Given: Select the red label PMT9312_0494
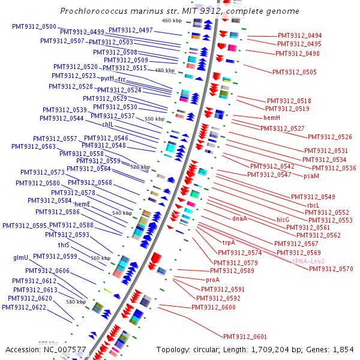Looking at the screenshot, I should point(299,36).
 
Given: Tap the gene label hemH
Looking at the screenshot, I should point(272,118).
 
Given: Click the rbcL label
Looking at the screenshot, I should point(314,205).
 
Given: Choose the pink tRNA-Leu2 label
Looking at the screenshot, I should point(308,261).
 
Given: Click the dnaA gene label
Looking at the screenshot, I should point(240,218).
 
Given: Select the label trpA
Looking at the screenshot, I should point(229,242).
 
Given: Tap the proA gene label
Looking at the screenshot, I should point(213,280).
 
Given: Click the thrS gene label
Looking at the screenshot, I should point(64,245).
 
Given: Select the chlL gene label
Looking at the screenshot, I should point(107,124).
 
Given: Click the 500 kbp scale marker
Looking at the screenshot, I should point(155,119).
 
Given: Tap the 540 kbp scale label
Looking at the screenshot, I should point(122,213).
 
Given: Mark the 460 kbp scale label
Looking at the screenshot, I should point(172,21).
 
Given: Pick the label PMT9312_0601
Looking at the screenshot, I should point(245,337).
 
